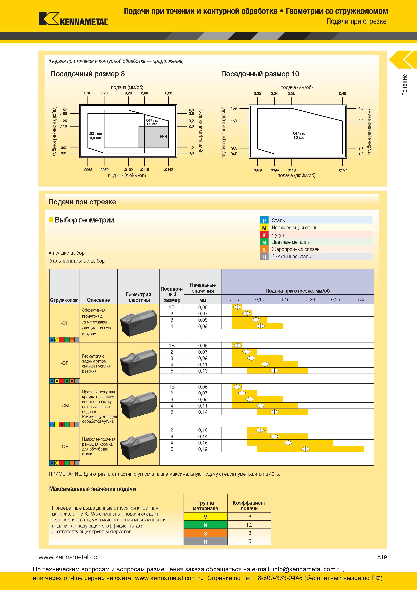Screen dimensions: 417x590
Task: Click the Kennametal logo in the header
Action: (73, 19)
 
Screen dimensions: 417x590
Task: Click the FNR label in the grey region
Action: (163, 136)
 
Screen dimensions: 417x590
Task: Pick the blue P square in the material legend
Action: (264, 220)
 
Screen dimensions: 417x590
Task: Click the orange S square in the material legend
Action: (264, 249)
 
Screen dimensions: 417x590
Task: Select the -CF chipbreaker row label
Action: (64, 363)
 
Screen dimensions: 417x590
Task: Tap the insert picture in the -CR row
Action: (138, 446)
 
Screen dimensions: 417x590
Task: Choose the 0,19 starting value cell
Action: (203, 449)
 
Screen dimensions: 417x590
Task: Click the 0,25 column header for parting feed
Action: (336, 299)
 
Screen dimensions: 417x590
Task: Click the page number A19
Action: (382, 557)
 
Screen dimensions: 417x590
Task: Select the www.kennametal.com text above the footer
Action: (71, 557)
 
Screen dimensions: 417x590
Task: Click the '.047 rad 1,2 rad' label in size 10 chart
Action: (299, 135)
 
